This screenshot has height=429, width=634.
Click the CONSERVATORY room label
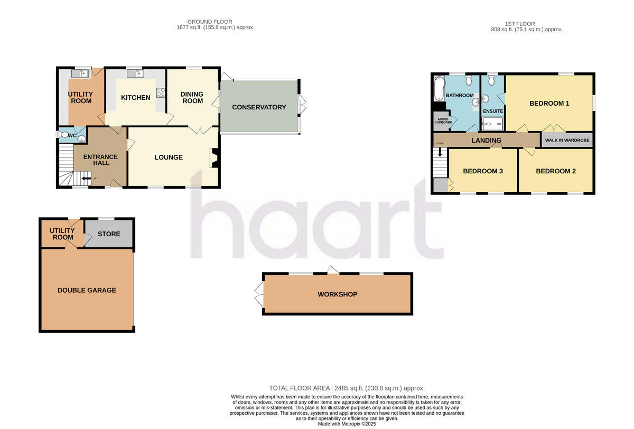coord(259,107)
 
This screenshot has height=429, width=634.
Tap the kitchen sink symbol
coord(135,73)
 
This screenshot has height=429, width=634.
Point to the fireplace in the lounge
coord(215,157)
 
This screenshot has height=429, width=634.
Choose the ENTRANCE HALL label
coord(101,160)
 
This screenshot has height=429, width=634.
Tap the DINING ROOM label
coord(192,98)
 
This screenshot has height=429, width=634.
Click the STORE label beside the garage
coord(109,234)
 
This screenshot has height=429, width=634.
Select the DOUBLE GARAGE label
coord(87,290)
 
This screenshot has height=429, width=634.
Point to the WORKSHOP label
coord(337,294)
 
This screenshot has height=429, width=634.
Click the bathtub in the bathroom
coord(437,88)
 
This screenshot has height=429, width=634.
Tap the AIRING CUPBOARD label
coord(443,121)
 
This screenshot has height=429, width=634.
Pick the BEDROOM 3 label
coord(482,171)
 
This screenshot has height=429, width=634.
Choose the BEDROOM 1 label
coord(549,104)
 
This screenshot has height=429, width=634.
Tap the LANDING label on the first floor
coord(486,141)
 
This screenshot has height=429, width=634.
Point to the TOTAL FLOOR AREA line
coord(347,388)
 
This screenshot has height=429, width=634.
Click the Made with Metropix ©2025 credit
coord(347,424)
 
